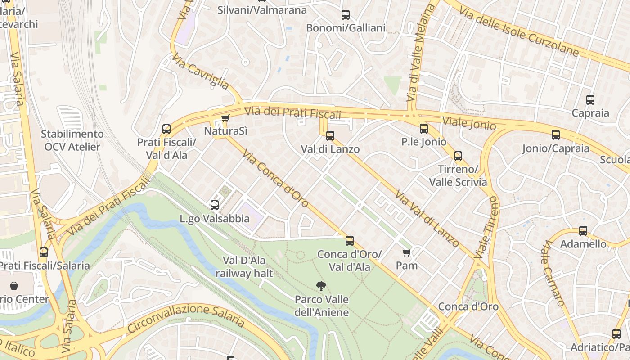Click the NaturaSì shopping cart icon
point(225,118)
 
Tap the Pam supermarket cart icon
point(407,253)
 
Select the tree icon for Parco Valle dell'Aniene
point(321,286)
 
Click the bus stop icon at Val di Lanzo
point(330,135)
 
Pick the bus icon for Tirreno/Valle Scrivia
point(458,156)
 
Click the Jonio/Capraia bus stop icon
point(556,135)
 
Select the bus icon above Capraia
point(590,100)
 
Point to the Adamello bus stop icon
point(583,231)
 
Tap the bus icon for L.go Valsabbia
point(215,205)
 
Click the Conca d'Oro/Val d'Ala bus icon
point(350,241)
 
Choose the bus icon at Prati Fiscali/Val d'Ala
point(166,129)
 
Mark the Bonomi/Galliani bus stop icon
point(346,15)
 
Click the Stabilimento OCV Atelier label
point(72,140)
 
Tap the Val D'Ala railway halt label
point(244,267)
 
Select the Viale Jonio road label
point(469,123)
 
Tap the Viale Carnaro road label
point(553,273)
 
